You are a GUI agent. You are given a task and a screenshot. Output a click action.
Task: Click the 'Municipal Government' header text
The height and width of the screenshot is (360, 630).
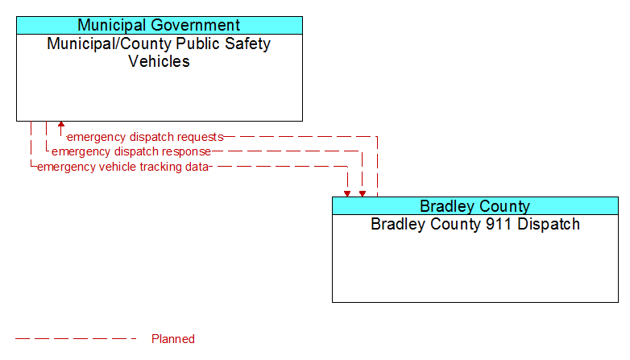(x=159, y=25)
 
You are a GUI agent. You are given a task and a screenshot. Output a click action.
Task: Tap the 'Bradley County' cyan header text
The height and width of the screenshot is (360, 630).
(x=475, y=205)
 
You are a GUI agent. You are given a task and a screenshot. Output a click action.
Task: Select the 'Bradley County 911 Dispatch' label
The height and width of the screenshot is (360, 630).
(x=475, y=224)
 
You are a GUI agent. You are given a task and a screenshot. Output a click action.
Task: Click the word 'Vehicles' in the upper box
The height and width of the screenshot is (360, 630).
(x=159, y=61)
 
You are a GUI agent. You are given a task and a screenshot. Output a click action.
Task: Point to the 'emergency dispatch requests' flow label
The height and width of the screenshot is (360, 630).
(x=145, y=137)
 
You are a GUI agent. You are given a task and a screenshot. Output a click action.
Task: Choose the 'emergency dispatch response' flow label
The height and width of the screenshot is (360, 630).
(x=131, y=151)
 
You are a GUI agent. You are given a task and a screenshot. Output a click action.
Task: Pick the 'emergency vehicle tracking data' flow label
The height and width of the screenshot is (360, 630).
(x=122, y=167)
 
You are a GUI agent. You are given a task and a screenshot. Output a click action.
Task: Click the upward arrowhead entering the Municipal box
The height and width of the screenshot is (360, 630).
(x=61, y=125)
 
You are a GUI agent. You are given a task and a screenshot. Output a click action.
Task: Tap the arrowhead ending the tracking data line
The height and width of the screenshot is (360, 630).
(x=347, y=193)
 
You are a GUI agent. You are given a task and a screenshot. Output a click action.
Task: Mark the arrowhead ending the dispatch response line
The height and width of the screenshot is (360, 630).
(x=363, y=193)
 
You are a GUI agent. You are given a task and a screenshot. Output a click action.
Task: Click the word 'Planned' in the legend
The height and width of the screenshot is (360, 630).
(x=173, y=339)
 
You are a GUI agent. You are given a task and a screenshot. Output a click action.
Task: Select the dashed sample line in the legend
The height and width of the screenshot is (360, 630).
(x=76, y=339)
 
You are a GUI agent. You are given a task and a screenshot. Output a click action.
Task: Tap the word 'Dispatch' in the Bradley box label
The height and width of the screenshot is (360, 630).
(x=549, y=224)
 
